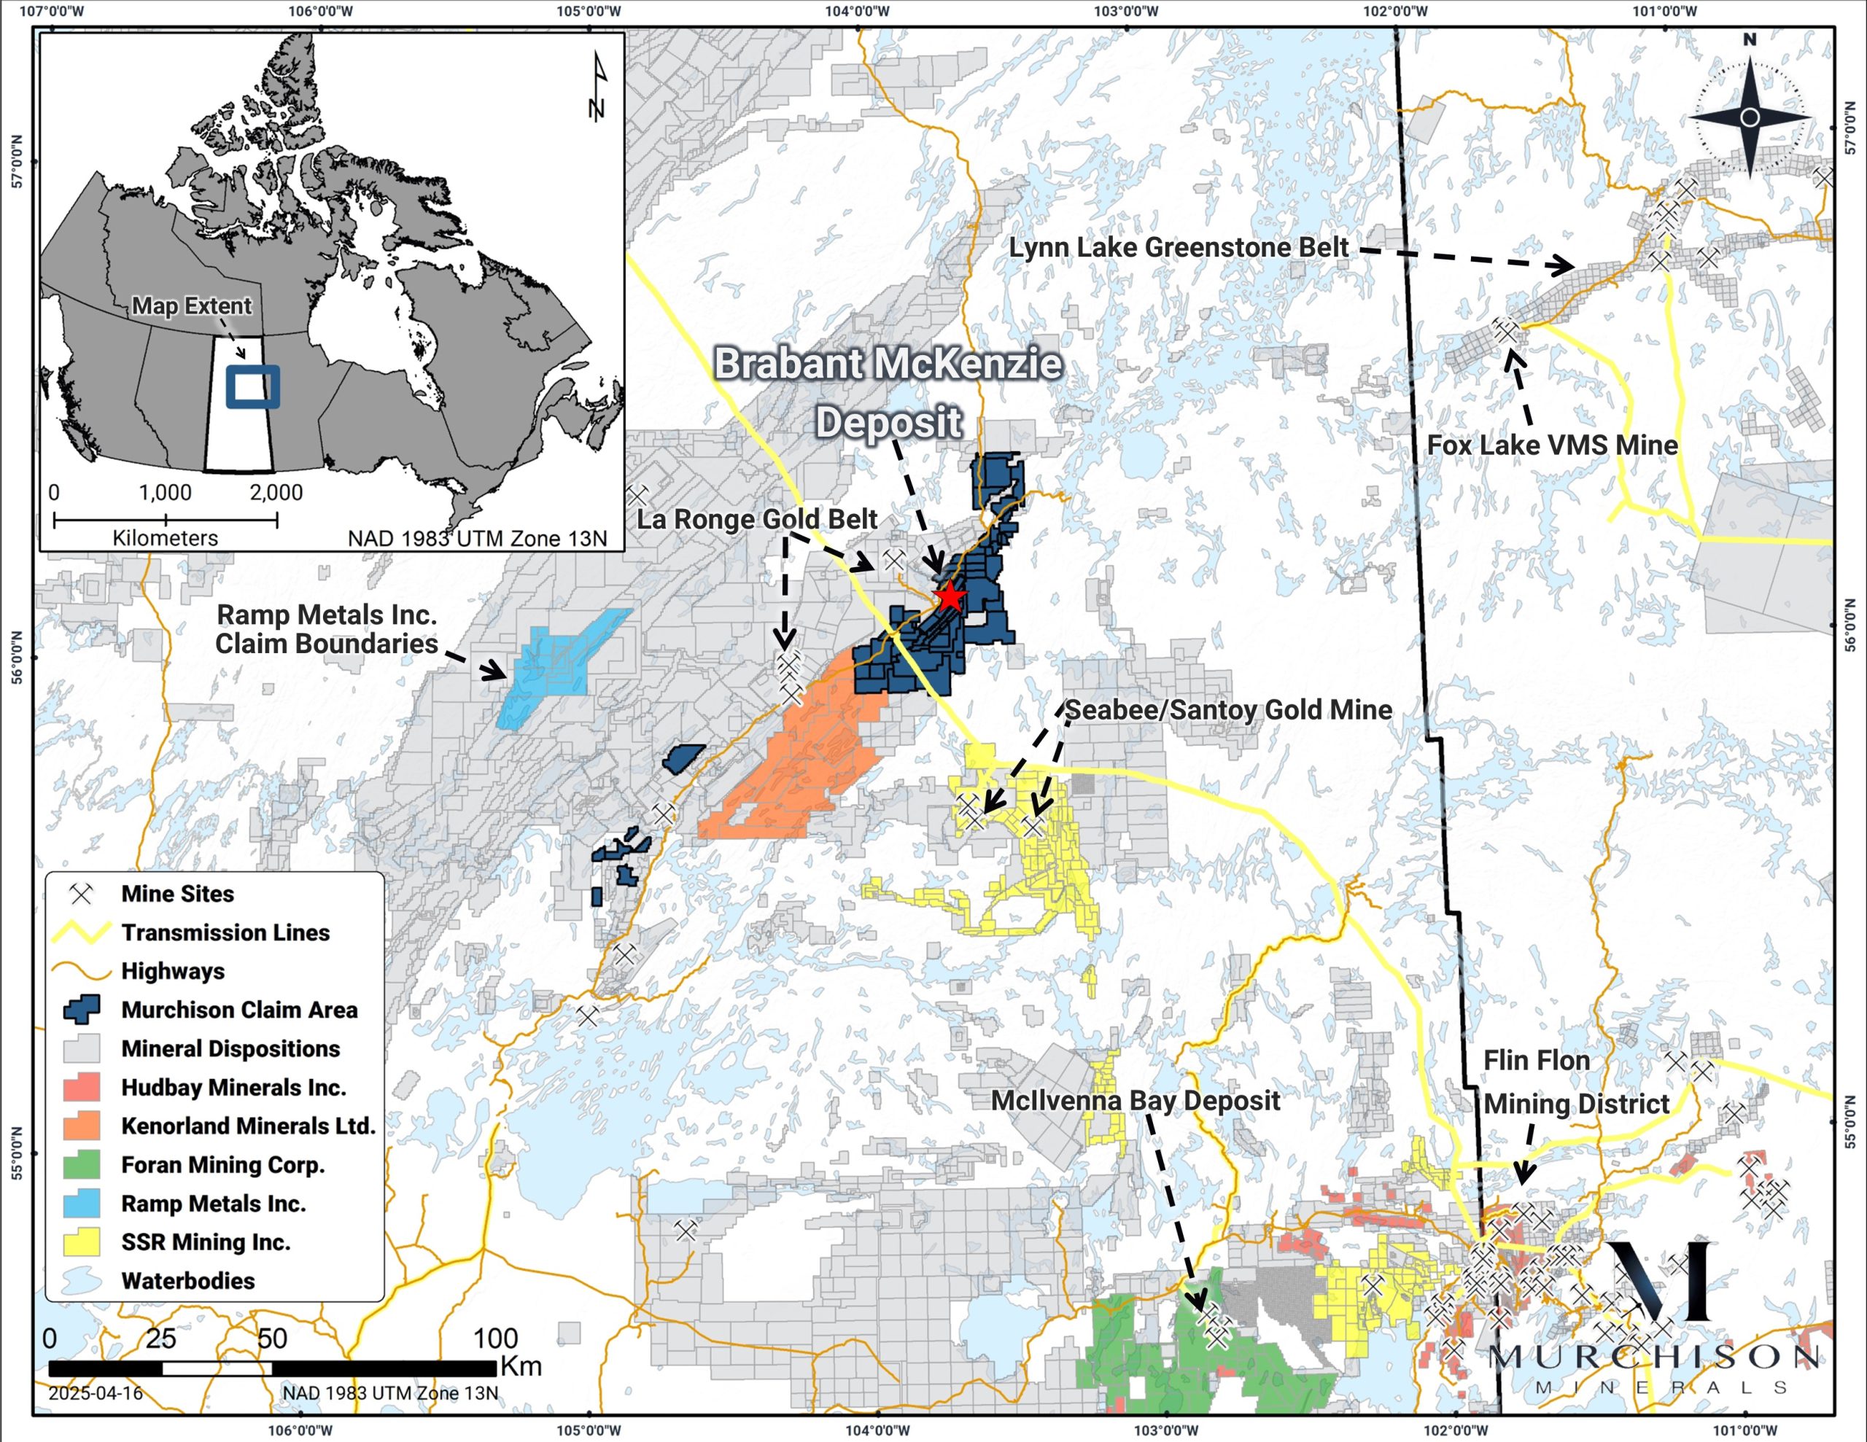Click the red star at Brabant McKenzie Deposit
pyautogui.click(x=950, y=596)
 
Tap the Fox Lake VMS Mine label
pyautogui.click(x=1551, y=445)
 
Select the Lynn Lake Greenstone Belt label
pyautogui.click(x=1178, y=248)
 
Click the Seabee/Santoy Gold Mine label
pyautogui.click(x=1228, y=709)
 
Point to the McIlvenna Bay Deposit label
pyautogui.click(x=1136, y=1101)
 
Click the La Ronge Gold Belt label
pyautogui.click(x=756, y=519)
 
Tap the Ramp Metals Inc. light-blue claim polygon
pyautogui.click(x=556, y=667)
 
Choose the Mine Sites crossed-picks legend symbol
pyautogui.click(x=81, y=894)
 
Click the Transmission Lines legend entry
pyautogui.click(x=225, y=932)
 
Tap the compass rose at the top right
pyautogui.click(x=1749, y=117)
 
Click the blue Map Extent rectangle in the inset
pyautogui.click(x=252, y=386)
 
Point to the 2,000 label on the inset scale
pyautogui.click(x=276, y=492)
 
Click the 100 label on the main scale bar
pyautogui.click(x=495, y=1338)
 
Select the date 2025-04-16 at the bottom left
pyautogui.click(x=95, y=1392)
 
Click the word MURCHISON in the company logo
pyautogui.click(x=1654, y=1357)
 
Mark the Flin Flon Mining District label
pyautogui.click(x=1575, y=1082)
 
